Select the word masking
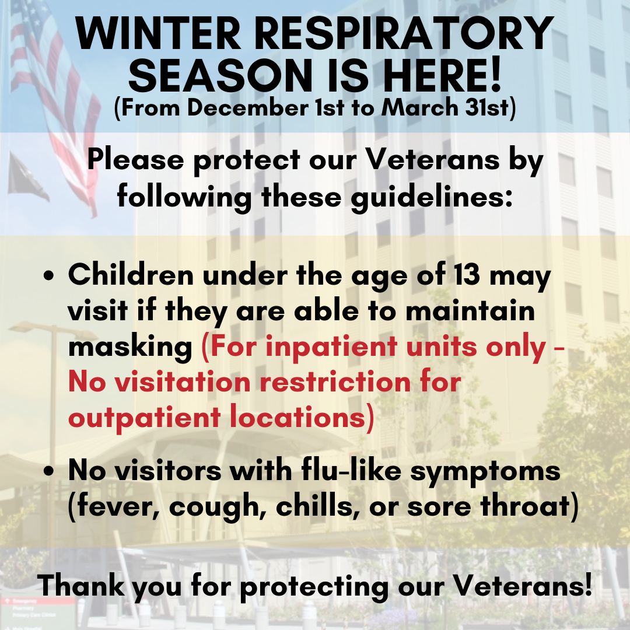point(130,348)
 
